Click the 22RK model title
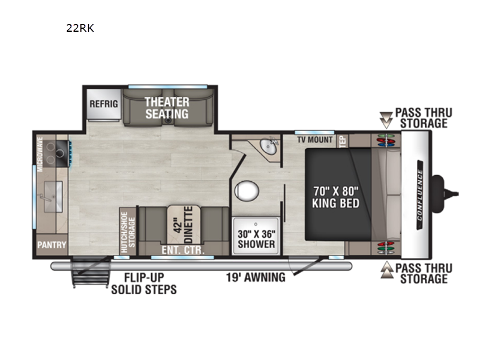pos(80,28)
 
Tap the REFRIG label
pos(103,104)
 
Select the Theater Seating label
pos(167,108)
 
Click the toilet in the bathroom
pos(247,191)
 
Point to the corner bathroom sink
pos(269,146)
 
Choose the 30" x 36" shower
pos(256,236)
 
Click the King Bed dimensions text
pos(336,197)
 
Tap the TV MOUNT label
pos(314,140)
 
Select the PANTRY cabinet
pos(52,245)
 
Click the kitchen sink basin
pos(53,197)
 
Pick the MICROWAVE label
pos(40,154)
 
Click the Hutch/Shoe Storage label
pos(128,232)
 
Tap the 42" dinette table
pos(184,225)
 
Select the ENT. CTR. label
pos(183,250)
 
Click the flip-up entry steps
pos(91,272)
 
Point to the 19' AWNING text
pos(256,278)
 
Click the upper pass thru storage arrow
pos(386,121)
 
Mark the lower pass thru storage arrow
pos(386,269)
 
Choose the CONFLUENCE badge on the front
pos(419,194)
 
